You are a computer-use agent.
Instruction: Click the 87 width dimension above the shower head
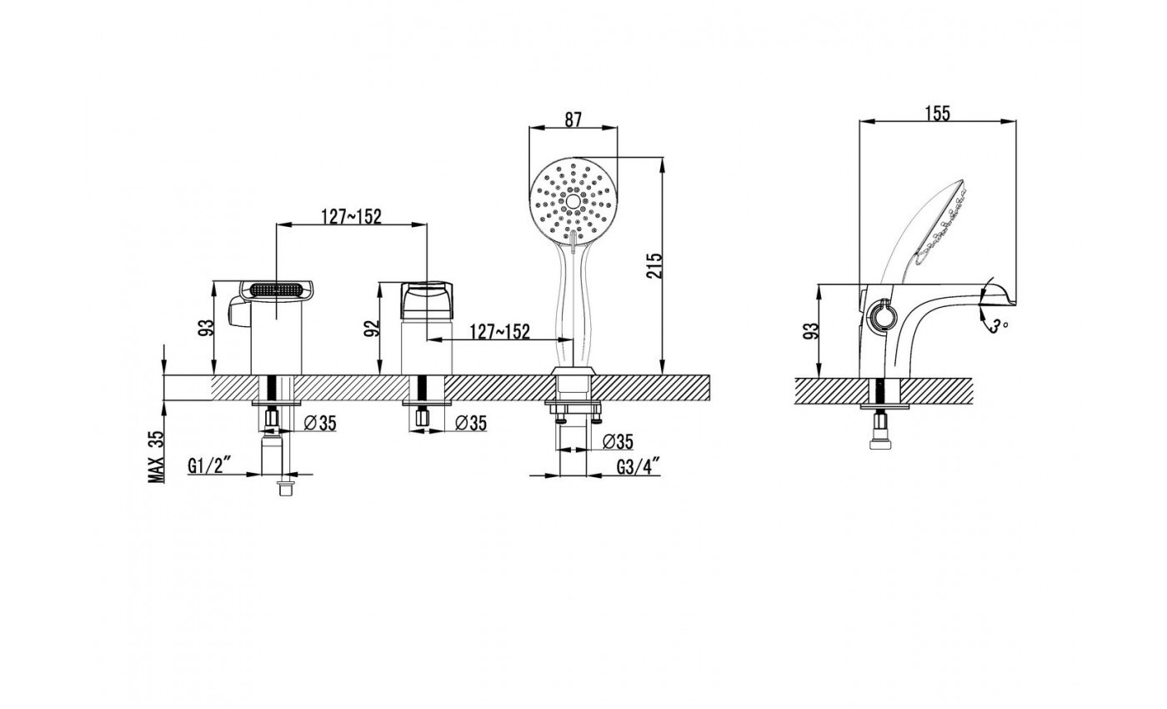573,120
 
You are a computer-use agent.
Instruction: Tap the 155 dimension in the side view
938,113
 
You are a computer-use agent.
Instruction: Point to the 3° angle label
999,326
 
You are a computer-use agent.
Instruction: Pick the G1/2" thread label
209,465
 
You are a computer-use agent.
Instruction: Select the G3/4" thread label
639,465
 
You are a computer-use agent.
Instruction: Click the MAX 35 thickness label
157,457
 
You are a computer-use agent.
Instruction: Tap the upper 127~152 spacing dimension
351,216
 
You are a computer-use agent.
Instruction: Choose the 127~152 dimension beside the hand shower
500,332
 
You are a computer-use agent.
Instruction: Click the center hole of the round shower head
573,201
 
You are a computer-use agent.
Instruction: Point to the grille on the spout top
276,289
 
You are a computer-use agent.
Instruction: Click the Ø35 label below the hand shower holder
618,442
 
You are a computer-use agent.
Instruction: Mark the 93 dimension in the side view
811,331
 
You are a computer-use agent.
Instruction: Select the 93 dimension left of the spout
207,328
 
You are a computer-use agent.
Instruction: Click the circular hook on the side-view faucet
883,314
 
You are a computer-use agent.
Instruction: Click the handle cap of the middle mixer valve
427,300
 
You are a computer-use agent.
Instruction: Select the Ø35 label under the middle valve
471,424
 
